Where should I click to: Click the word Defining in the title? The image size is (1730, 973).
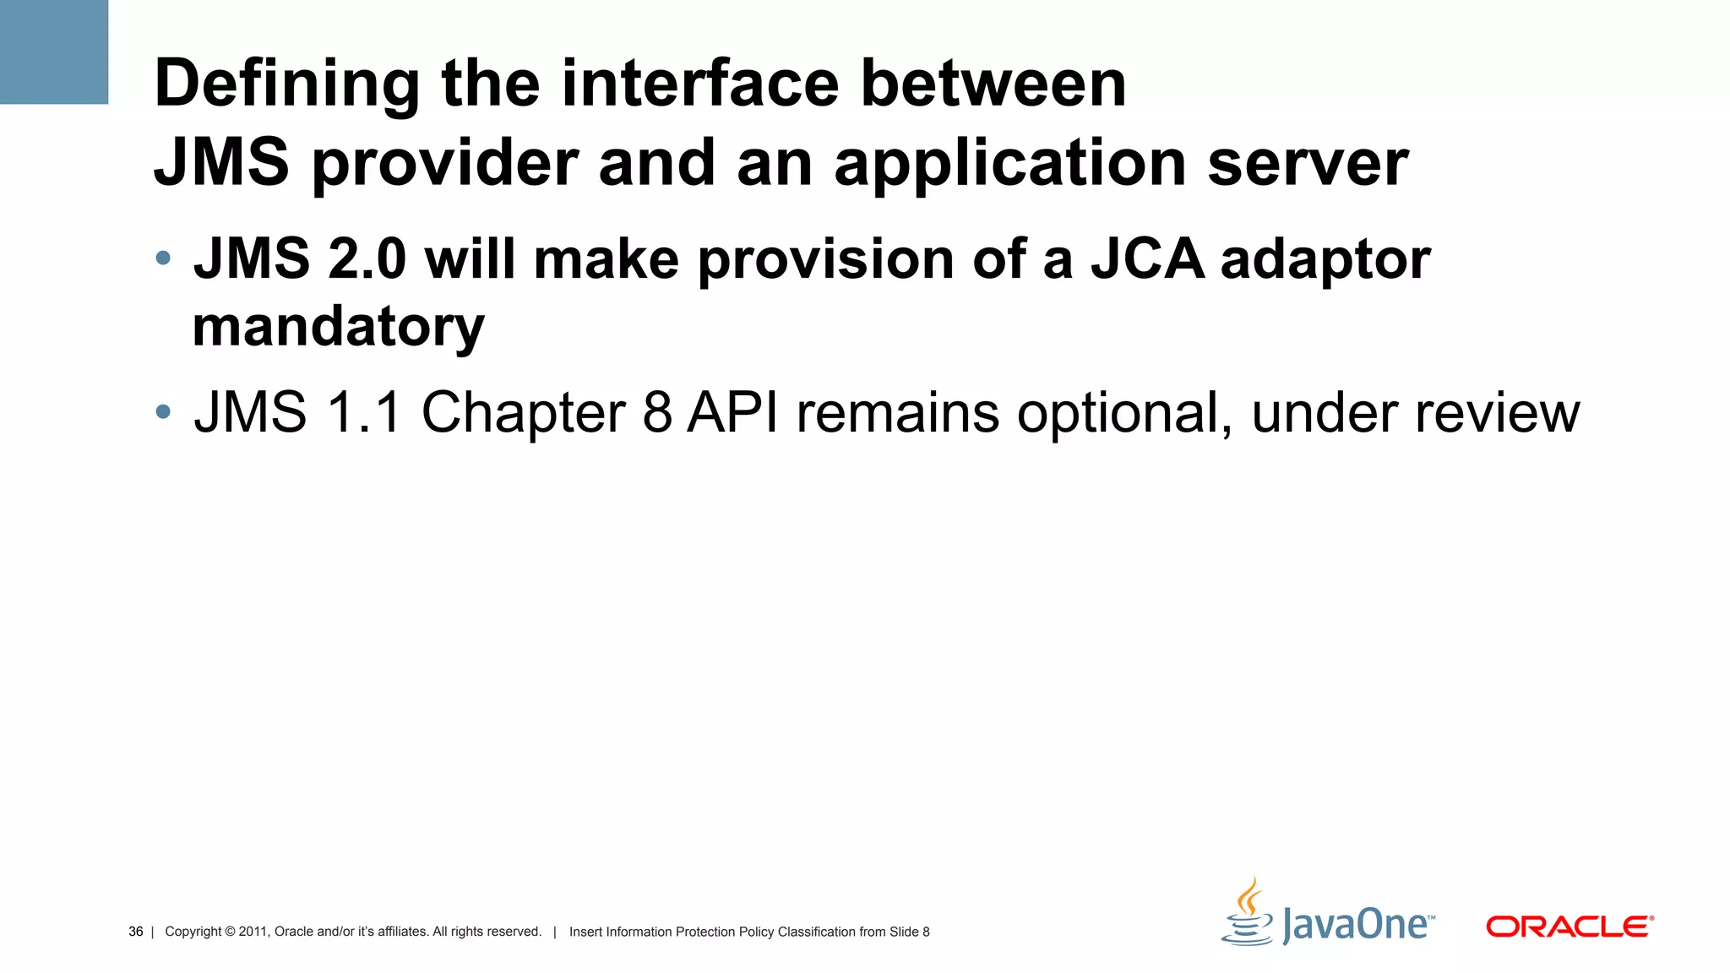point(287,84)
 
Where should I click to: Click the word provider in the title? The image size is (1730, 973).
point(445,163)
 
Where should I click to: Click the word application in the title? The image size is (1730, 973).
point(1010,163)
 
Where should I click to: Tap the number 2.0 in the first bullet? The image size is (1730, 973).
point(367,258)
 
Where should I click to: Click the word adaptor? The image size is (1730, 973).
point(1325,260)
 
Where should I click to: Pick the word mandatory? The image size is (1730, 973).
point(338,328)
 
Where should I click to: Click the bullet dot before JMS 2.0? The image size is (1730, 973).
point(163,258)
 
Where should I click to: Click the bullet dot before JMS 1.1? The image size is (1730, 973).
point(163,412)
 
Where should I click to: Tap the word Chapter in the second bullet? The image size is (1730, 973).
point(524,414)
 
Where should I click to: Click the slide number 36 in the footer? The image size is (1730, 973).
point(135,932)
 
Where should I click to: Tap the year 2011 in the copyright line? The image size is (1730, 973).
point(253,932)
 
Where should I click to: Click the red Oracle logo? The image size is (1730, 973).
point(1569,927)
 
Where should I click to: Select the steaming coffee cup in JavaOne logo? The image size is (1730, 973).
point(1248,915)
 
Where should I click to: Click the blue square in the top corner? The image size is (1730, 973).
point(53,51)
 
